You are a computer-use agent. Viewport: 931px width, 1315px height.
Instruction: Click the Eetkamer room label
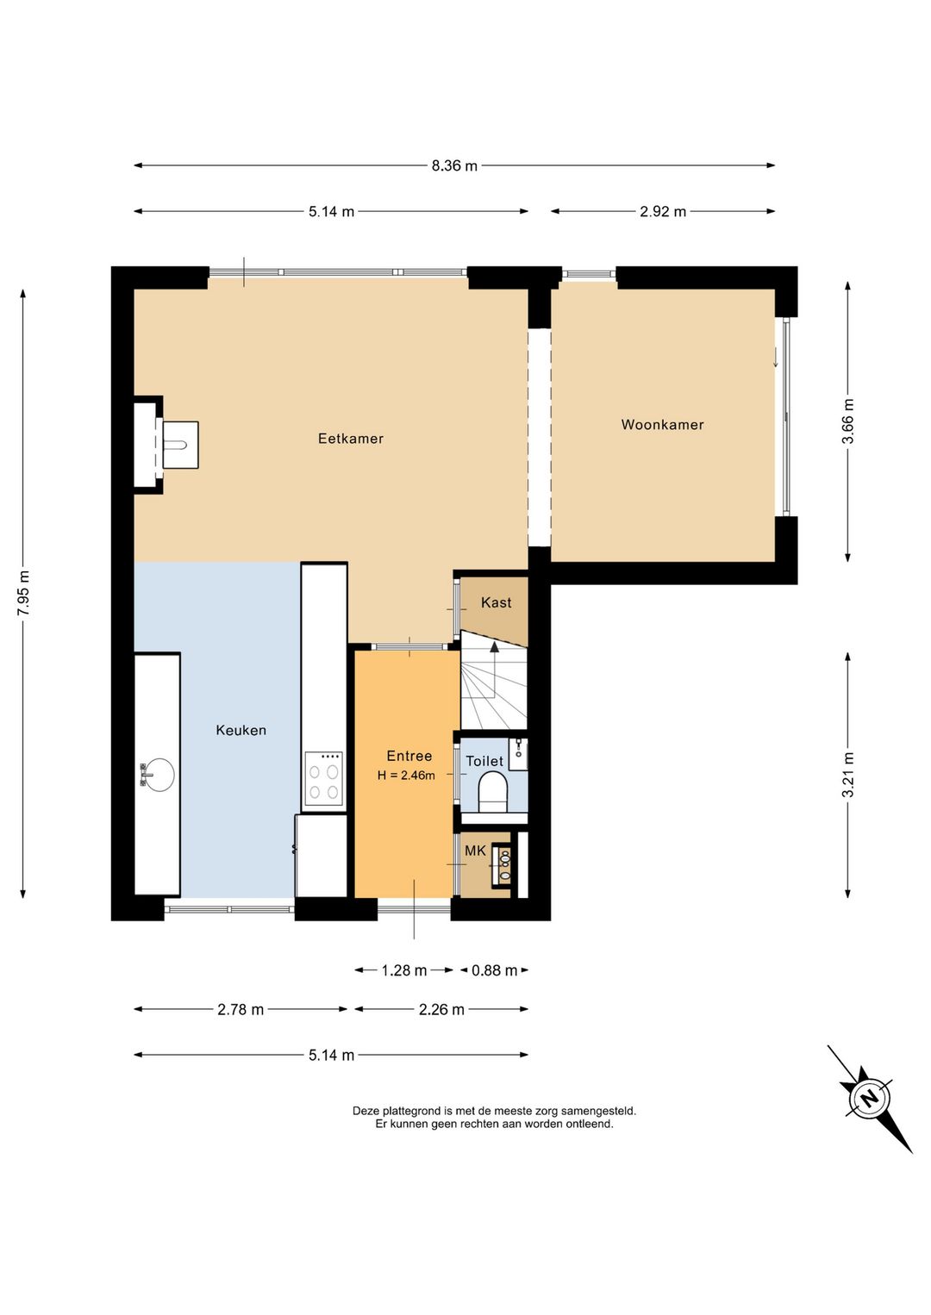(351, 439)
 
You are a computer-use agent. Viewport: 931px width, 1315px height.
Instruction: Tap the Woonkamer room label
(663, 425)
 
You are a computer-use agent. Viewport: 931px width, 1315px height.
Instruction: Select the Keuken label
(241, 730)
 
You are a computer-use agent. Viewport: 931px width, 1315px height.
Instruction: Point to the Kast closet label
(497, 602)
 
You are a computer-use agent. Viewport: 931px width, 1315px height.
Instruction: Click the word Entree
(409, 756)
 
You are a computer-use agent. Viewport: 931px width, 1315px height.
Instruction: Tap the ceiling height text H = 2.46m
(407, 776)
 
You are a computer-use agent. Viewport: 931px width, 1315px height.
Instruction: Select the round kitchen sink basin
(158, 775)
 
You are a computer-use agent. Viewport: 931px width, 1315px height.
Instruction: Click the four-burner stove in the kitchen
(323, 779)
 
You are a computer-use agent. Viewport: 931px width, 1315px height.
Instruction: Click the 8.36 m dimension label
(454, 166)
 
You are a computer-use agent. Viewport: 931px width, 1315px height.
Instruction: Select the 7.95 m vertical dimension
(23, 594)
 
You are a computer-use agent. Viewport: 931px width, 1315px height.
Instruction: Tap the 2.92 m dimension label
(663, 212)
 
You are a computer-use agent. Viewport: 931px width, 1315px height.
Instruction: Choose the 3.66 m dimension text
(848, 421)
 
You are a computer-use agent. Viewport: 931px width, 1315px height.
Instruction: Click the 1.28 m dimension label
(404, 970)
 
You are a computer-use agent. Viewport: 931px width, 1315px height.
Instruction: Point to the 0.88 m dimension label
(495, 970)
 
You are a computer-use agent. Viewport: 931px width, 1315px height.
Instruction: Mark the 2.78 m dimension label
(241, 1010)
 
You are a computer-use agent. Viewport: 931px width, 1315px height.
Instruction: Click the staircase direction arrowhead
(495, 647)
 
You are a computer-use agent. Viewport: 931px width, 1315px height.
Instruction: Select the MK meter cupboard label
(475, 851)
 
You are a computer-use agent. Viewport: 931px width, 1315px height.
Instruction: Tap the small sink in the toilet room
(518, 754)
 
